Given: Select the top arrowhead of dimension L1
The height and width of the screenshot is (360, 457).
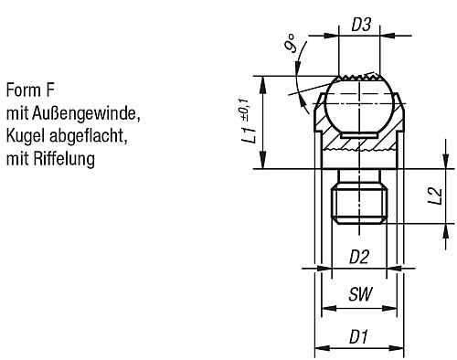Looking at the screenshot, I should [x=264, y=79].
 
